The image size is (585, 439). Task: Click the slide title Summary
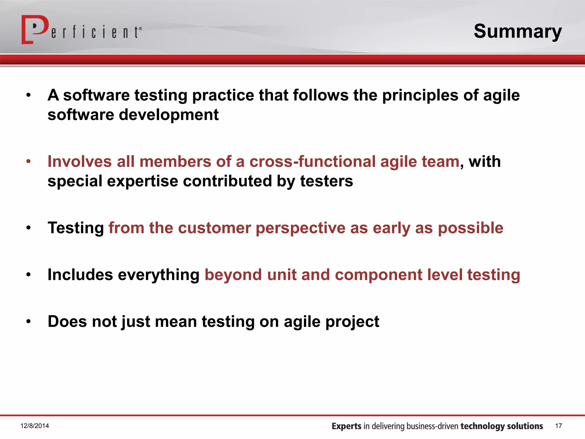click(518, 31)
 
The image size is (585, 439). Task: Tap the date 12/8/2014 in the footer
click(35, 426)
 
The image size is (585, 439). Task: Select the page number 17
click(558, 426)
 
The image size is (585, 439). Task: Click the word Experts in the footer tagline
click(346, 426)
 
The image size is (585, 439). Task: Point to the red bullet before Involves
click(28, 161)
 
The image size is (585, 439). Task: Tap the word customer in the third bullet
click(214, 228)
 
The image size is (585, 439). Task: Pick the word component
click(378, 275)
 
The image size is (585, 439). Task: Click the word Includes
click(80, 275)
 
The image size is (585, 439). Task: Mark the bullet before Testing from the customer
click(28, 228)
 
